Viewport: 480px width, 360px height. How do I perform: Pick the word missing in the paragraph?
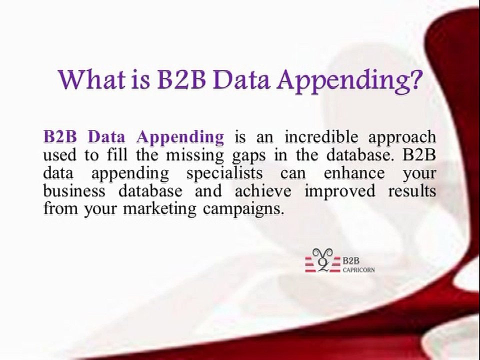click(x=195, y=155)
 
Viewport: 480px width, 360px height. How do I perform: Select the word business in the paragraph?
click(x=74, y=191)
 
